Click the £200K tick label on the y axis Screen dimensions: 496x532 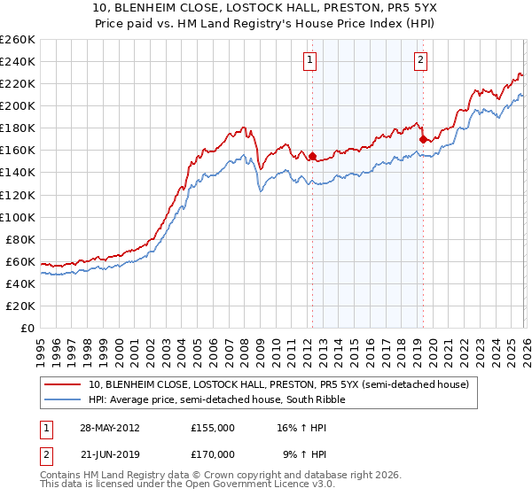coord(18,105)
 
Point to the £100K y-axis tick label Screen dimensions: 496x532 coord(18,217)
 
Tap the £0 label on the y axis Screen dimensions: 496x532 coord(27,328)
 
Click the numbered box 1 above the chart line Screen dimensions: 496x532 coord(310,60)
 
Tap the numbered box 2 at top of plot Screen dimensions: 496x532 coord(419,60)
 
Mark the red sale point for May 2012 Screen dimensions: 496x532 coord(312,156)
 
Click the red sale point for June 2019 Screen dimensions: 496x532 coord(423,139)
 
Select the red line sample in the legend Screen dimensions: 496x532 coord(63,384)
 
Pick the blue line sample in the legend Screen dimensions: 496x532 coord(63,399)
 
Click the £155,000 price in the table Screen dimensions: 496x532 coord(212,427)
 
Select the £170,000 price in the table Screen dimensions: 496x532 coord(212,453)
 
